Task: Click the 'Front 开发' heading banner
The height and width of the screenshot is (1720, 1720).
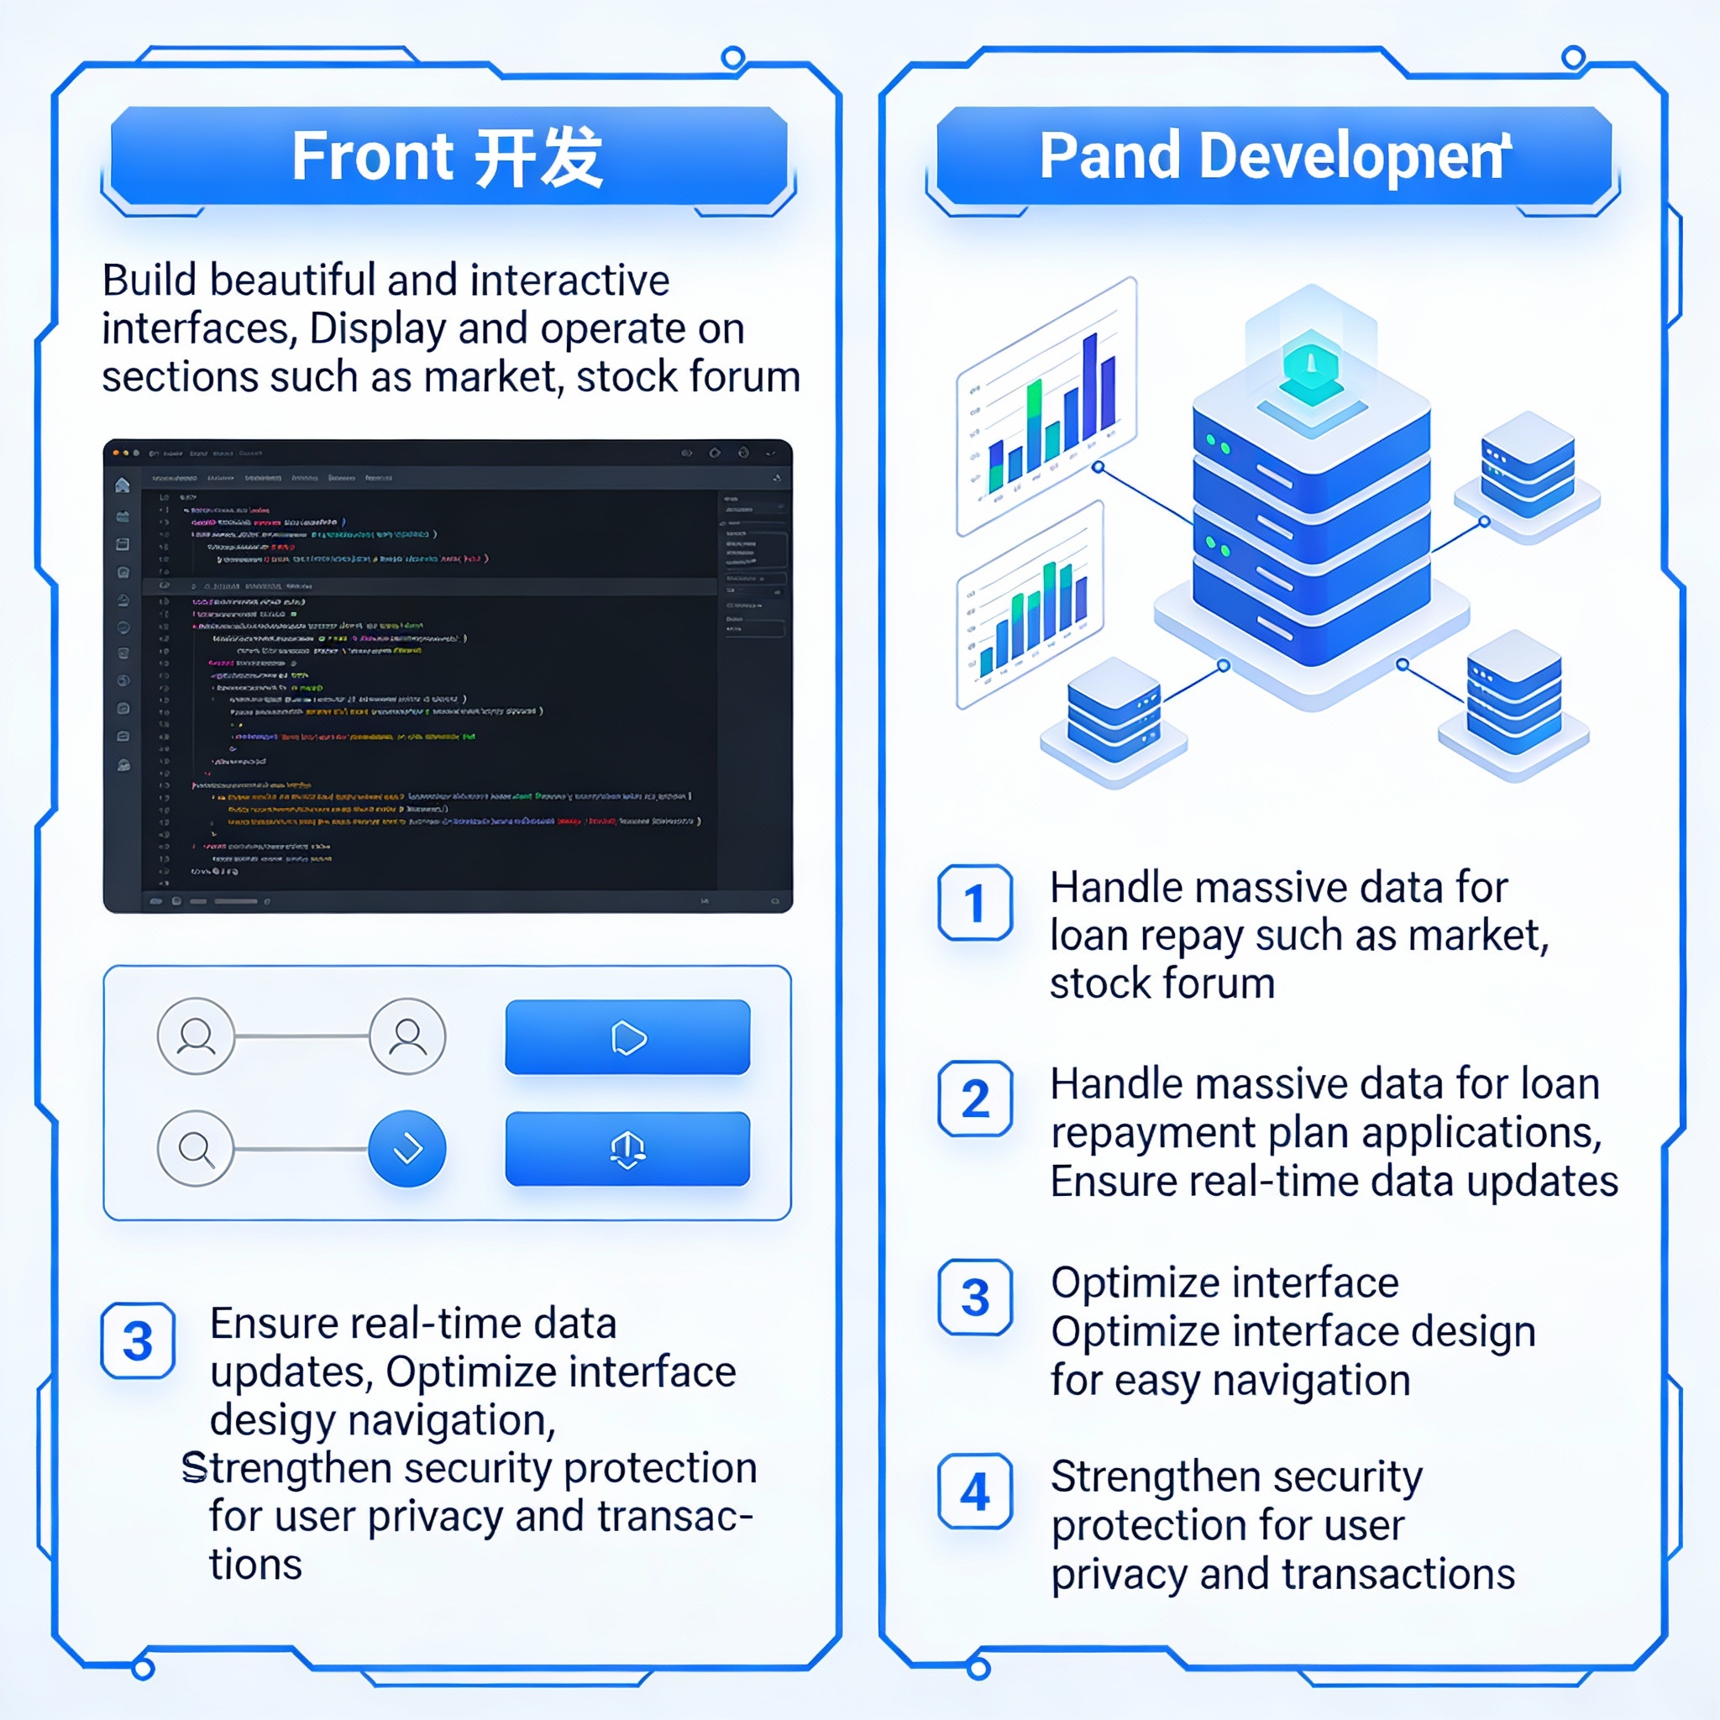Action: click(x=448, y=157)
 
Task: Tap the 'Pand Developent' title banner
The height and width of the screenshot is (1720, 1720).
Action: click(x=1274, y=157)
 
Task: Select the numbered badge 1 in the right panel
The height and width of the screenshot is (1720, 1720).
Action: click(x=975, y=903)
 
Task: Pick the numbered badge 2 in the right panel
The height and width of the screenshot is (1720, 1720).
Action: click(x=975, y=1099)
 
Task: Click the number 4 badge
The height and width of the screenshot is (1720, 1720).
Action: click(x=975, y=1492)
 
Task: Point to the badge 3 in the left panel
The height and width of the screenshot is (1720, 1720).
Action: click(x=138, y=1340)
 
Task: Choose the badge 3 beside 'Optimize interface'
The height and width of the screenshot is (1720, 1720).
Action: click(x=975, y=1297)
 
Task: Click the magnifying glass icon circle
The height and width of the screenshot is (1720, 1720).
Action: click(x=196, y=1148)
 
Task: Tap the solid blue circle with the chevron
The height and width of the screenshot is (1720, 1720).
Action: click(x=406, y=1148)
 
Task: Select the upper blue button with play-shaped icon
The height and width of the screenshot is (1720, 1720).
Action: click(x=627, y=1037)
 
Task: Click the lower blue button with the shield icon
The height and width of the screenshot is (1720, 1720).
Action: click(x=627, y=1148)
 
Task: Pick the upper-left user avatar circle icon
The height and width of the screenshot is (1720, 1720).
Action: click(x=196, y=1036)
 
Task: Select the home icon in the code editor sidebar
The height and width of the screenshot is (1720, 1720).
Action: click(x=123, y=485)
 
